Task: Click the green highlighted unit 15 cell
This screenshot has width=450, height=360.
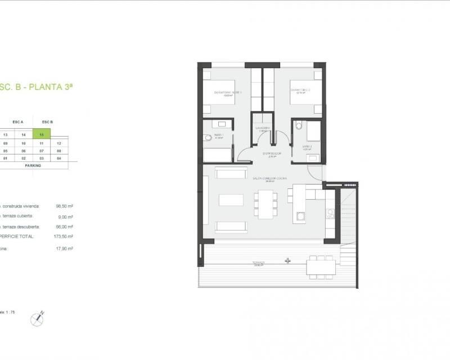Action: [42, 134]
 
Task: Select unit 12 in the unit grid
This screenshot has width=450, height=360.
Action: [59, 143]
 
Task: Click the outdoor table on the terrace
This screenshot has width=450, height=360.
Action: [321, 265]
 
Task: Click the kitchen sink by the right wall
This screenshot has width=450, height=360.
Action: [330, 212]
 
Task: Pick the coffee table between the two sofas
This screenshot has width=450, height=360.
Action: [231, 200]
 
